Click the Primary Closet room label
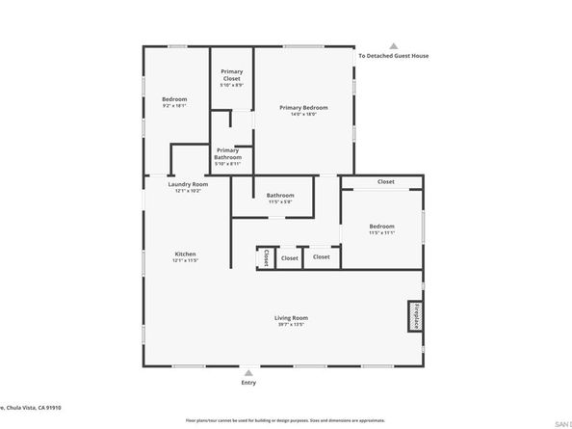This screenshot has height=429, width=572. click(x=231, y=74)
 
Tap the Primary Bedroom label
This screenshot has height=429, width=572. click(x=303, y=107)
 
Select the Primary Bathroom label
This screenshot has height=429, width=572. click(x=228, y=152)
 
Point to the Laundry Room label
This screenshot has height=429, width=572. click(x=188, y=184)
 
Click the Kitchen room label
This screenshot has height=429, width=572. click(x=185, y=254)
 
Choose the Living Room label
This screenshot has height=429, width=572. click(x=291, y=317)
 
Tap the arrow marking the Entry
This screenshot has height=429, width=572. click(x=249, y=372)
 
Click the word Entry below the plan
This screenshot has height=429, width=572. click(x=249, y=384)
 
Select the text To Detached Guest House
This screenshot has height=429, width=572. click(x=393, y=56)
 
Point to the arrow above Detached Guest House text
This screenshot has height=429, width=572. click(x=393, y=45)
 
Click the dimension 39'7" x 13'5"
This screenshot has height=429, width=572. click(x=291, y=325)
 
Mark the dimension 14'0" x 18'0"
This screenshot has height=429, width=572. click(x=303, y=115)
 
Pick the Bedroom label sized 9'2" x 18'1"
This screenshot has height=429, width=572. click(x=174, y=99)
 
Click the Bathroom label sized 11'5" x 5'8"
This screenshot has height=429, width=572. click(x=280, y=196)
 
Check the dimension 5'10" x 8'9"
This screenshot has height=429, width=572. click(x=231, y=85)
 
